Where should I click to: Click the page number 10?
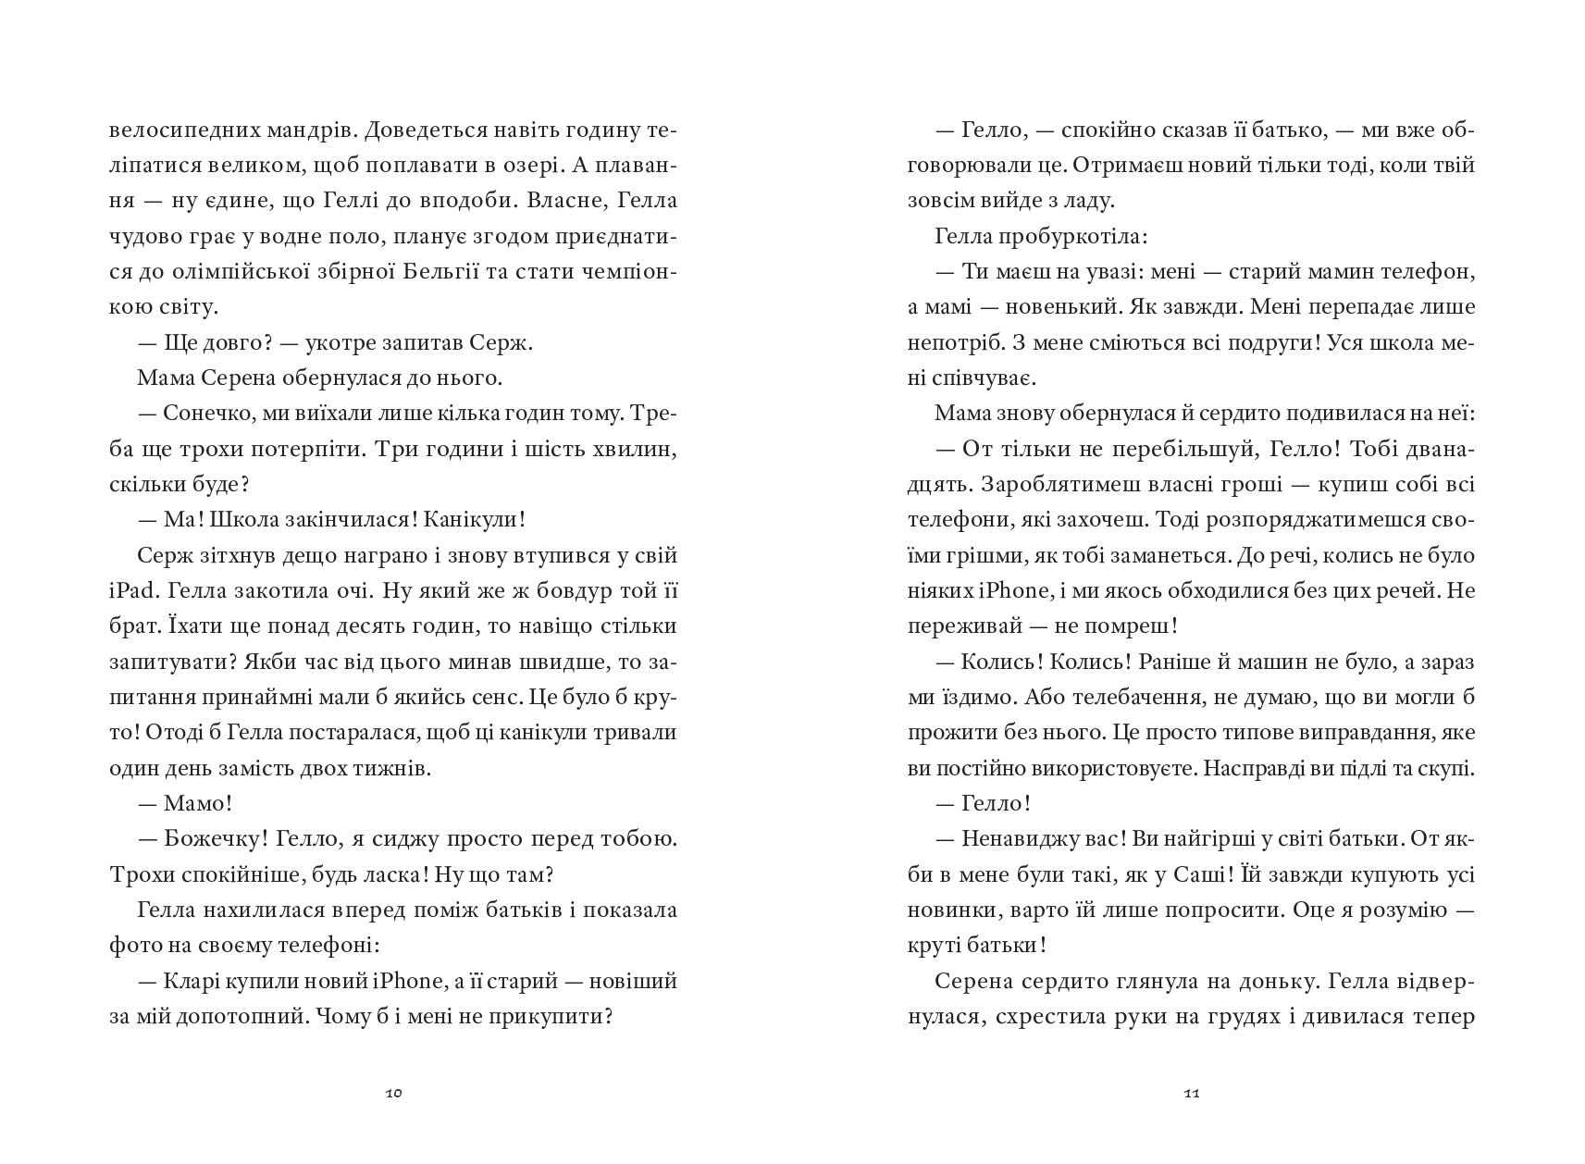click(x=393, y=1094)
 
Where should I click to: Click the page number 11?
click(x=1192, y=1094)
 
